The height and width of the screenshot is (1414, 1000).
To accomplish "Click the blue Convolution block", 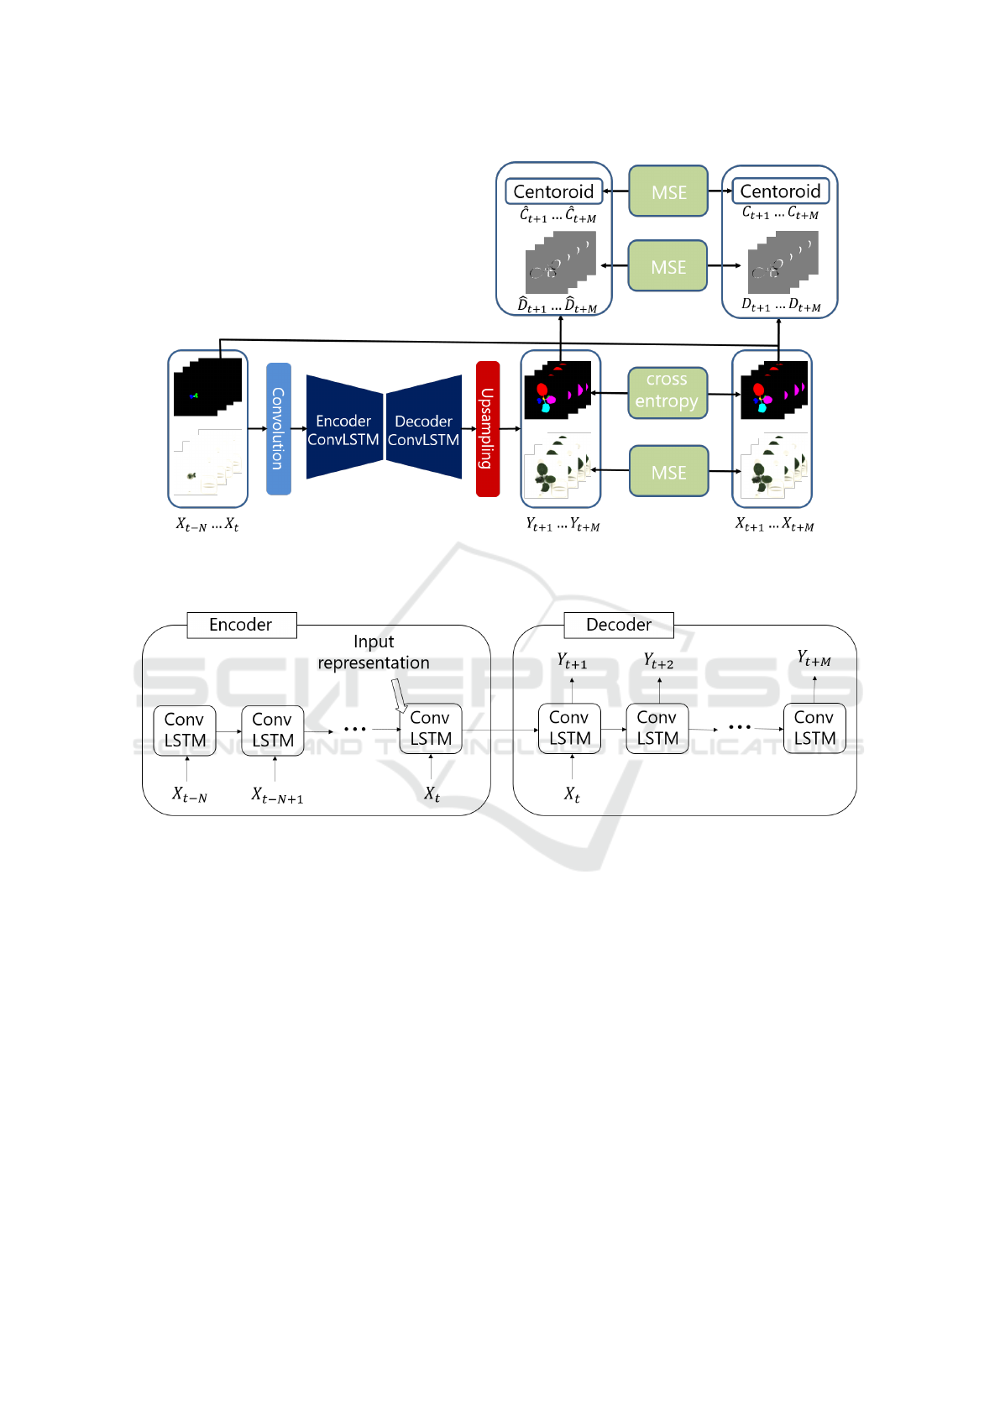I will (279, 428).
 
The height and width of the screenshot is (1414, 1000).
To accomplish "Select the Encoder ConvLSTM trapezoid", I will (343, 429).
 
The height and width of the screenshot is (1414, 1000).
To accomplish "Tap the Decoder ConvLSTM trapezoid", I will (424, 429).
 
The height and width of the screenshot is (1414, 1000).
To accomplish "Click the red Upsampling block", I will (487, 428).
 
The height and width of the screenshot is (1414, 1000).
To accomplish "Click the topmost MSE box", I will (668, 191).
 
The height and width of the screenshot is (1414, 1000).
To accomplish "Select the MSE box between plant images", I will (668, 472).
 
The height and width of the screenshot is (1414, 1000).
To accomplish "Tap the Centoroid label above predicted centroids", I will (553, 191).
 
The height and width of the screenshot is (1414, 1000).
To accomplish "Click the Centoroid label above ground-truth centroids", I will (780, 191).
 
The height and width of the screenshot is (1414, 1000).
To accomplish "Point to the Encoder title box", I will (241, 625).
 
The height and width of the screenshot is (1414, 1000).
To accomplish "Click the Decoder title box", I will (619, 625).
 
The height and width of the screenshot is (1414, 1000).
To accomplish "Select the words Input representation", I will (374, 652).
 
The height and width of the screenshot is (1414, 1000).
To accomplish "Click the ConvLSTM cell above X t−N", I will (185, 731).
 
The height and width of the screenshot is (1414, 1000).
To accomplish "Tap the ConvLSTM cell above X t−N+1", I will (273, 731).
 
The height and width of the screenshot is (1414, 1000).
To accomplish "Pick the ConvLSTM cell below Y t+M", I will (814, 728).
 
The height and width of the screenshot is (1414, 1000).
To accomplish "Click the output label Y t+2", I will (659, 662).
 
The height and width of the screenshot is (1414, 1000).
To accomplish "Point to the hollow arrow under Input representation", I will (399, 695).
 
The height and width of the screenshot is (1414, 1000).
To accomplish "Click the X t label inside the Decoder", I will (572, 794).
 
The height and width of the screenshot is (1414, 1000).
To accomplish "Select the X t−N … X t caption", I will (207, 525).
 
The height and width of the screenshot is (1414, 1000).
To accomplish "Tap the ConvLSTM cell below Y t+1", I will (570, 728).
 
